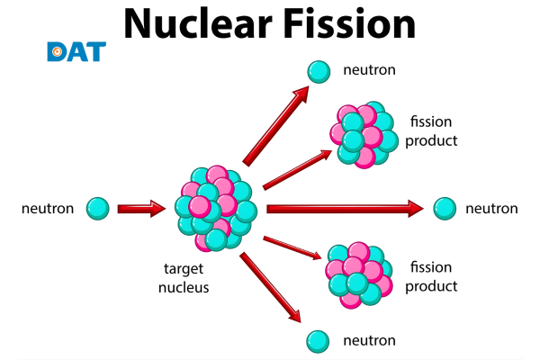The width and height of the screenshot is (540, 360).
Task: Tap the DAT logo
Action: pyautogui.click(x=76, y=51)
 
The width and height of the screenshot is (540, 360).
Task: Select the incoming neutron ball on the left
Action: pyautogui.click(x=98, y=209)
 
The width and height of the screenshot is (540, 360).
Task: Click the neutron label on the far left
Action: pyautogui.click(x=48, y=209)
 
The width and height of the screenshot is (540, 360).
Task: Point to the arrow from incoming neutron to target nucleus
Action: pyautogui.click(x=142, y=209)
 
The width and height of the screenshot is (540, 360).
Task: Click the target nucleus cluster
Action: pyautogui.click(x=216, y=208)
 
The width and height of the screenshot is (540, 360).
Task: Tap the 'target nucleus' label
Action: pyautogui.click(x=185, y=278)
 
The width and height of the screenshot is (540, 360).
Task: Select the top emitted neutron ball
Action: pyautogui.click(x=318, y=70)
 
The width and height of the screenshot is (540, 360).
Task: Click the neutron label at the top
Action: pyautogui.click(x=370, y=69)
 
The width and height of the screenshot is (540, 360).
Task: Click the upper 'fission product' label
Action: pyautogui.click(x=433, y=131)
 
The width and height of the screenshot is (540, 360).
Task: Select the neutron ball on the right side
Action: pyautogui.click(x=444, y=208)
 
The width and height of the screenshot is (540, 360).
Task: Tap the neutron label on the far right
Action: pyautogui.click(x=491, y=209)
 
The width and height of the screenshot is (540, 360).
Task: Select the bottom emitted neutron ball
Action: pyautogui.click(x=317, y=340)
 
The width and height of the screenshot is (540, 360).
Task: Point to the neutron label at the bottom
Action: pyautogui.click(x=370, y=340)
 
